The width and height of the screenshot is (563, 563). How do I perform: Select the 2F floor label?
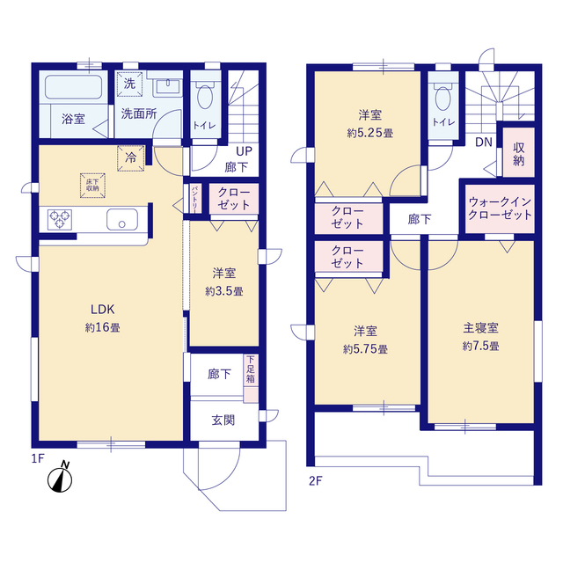pos(316,479)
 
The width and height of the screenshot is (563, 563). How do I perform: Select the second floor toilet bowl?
pos(442,97)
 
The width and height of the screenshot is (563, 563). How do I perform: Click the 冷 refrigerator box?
pos(130,158)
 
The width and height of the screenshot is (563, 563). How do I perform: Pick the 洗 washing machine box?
pos(129,84)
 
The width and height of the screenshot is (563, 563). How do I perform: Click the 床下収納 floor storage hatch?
pos(91,183)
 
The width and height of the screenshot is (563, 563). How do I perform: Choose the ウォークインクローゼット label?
pos(499,208)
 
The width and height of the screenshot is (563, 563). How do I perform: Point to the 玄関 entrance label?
pos(223,420)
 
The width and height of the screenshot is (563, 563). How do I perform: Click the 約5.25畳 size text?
pos(369,133)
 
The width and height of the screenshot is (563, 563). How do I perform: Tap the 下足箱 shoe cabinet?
pos(252,371)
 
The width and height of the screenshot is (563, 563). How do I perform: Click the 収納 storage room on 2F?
pos(518,155)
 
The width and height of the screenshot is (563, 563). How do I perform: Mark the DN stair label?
pos(483,143)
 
